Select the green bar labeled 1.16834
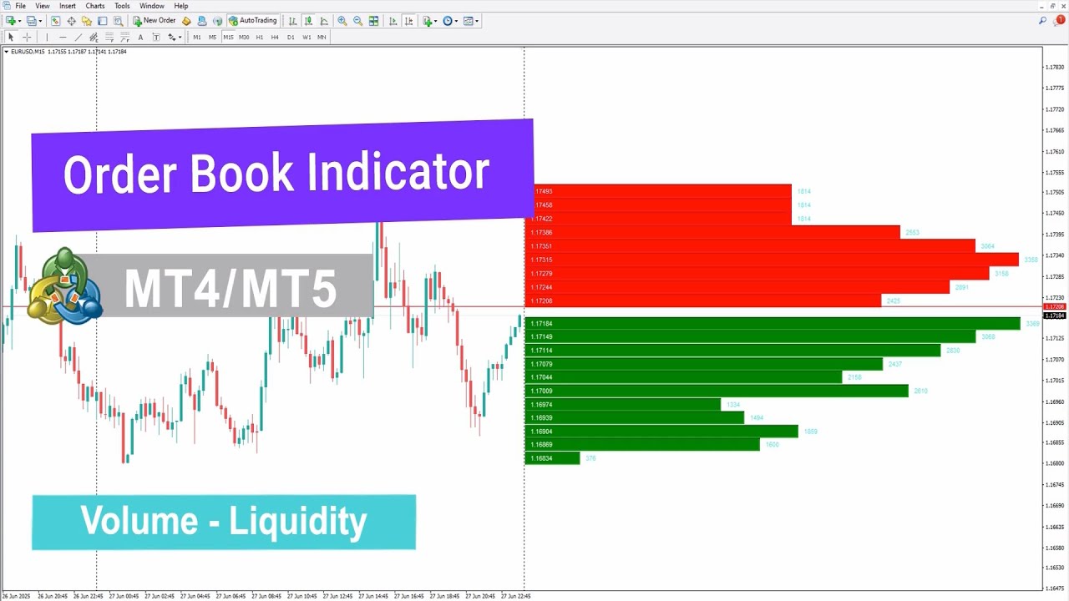click(x=552, y=458)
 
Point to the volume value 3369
click(x=1032, y=324)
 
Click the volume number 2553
click(x=912, y=232)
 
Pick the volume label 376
click(x=590, y=458)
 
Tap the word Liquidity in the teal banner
click(x=298, y=522)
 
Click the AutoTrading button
click(x=253, y=21)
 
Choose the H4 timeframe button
click(x=275, y=37)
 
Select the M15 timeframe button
click(x=228, y=37)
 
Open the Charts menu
click(x=95, y=6)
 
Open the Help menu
click(x=181, y=6)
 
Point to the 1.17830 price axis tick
click(x=1055, y=67)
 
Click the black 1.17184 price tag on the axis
click(x=1055, y=316)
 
